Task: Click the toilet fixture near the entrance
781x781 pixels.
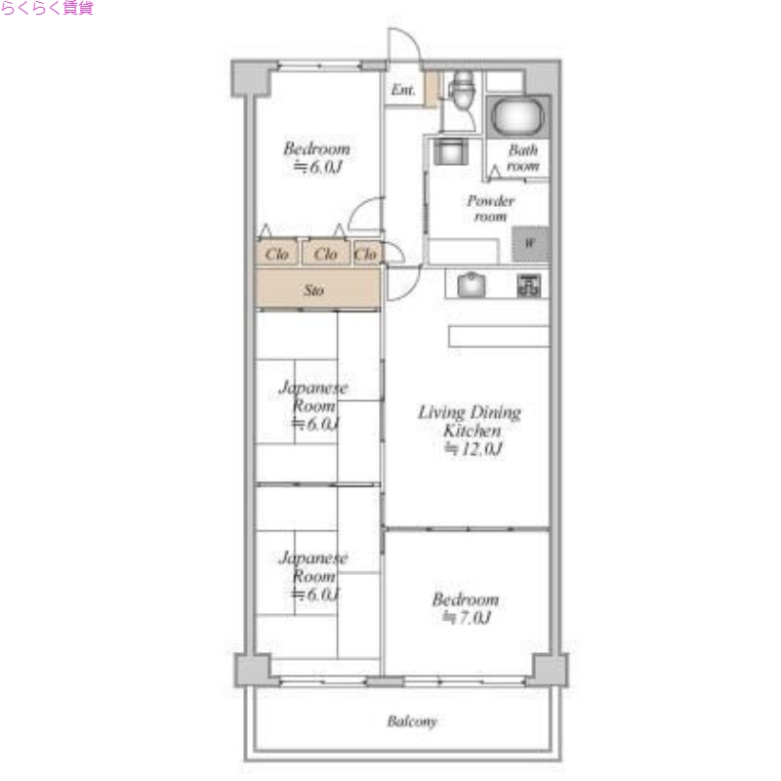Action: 463,90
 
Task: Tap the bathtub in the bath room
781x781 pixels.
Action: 517,116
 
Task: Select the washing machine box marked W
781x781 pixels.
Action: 531,244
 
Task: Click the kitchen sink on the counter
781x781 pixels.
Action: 472,285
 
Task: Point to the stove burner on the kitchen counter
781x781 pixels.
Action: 528,285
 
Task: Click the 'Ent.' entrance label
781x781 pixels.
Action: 402,90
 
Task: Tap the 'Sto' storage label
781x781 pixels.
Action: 313,290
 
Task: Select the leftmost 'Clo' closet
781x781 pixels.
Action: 277,254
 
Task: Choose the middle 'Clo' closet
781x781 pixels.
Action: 325,254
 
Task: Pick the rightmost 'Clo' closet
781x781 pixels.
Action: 365,254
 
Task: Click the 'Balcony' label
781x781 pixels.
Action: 412,721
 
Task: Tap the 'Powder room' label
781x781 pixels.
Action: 491,209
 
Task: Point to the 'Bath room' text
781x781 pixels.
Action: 523,158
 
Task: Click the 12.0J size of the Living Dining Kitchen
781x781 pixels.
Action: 481,449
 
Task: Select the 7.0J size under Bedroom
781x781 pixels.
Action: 474,618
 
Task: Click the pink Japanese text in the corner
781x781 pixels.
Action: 47,8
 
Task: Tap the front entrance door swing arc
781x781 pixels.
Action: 411,37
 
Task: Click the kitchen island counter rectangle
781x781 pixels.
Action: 499,336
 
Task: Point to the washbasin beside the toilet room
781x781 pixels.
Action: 451,150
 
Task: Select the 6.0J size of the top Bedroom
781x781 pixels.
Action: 326,167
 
